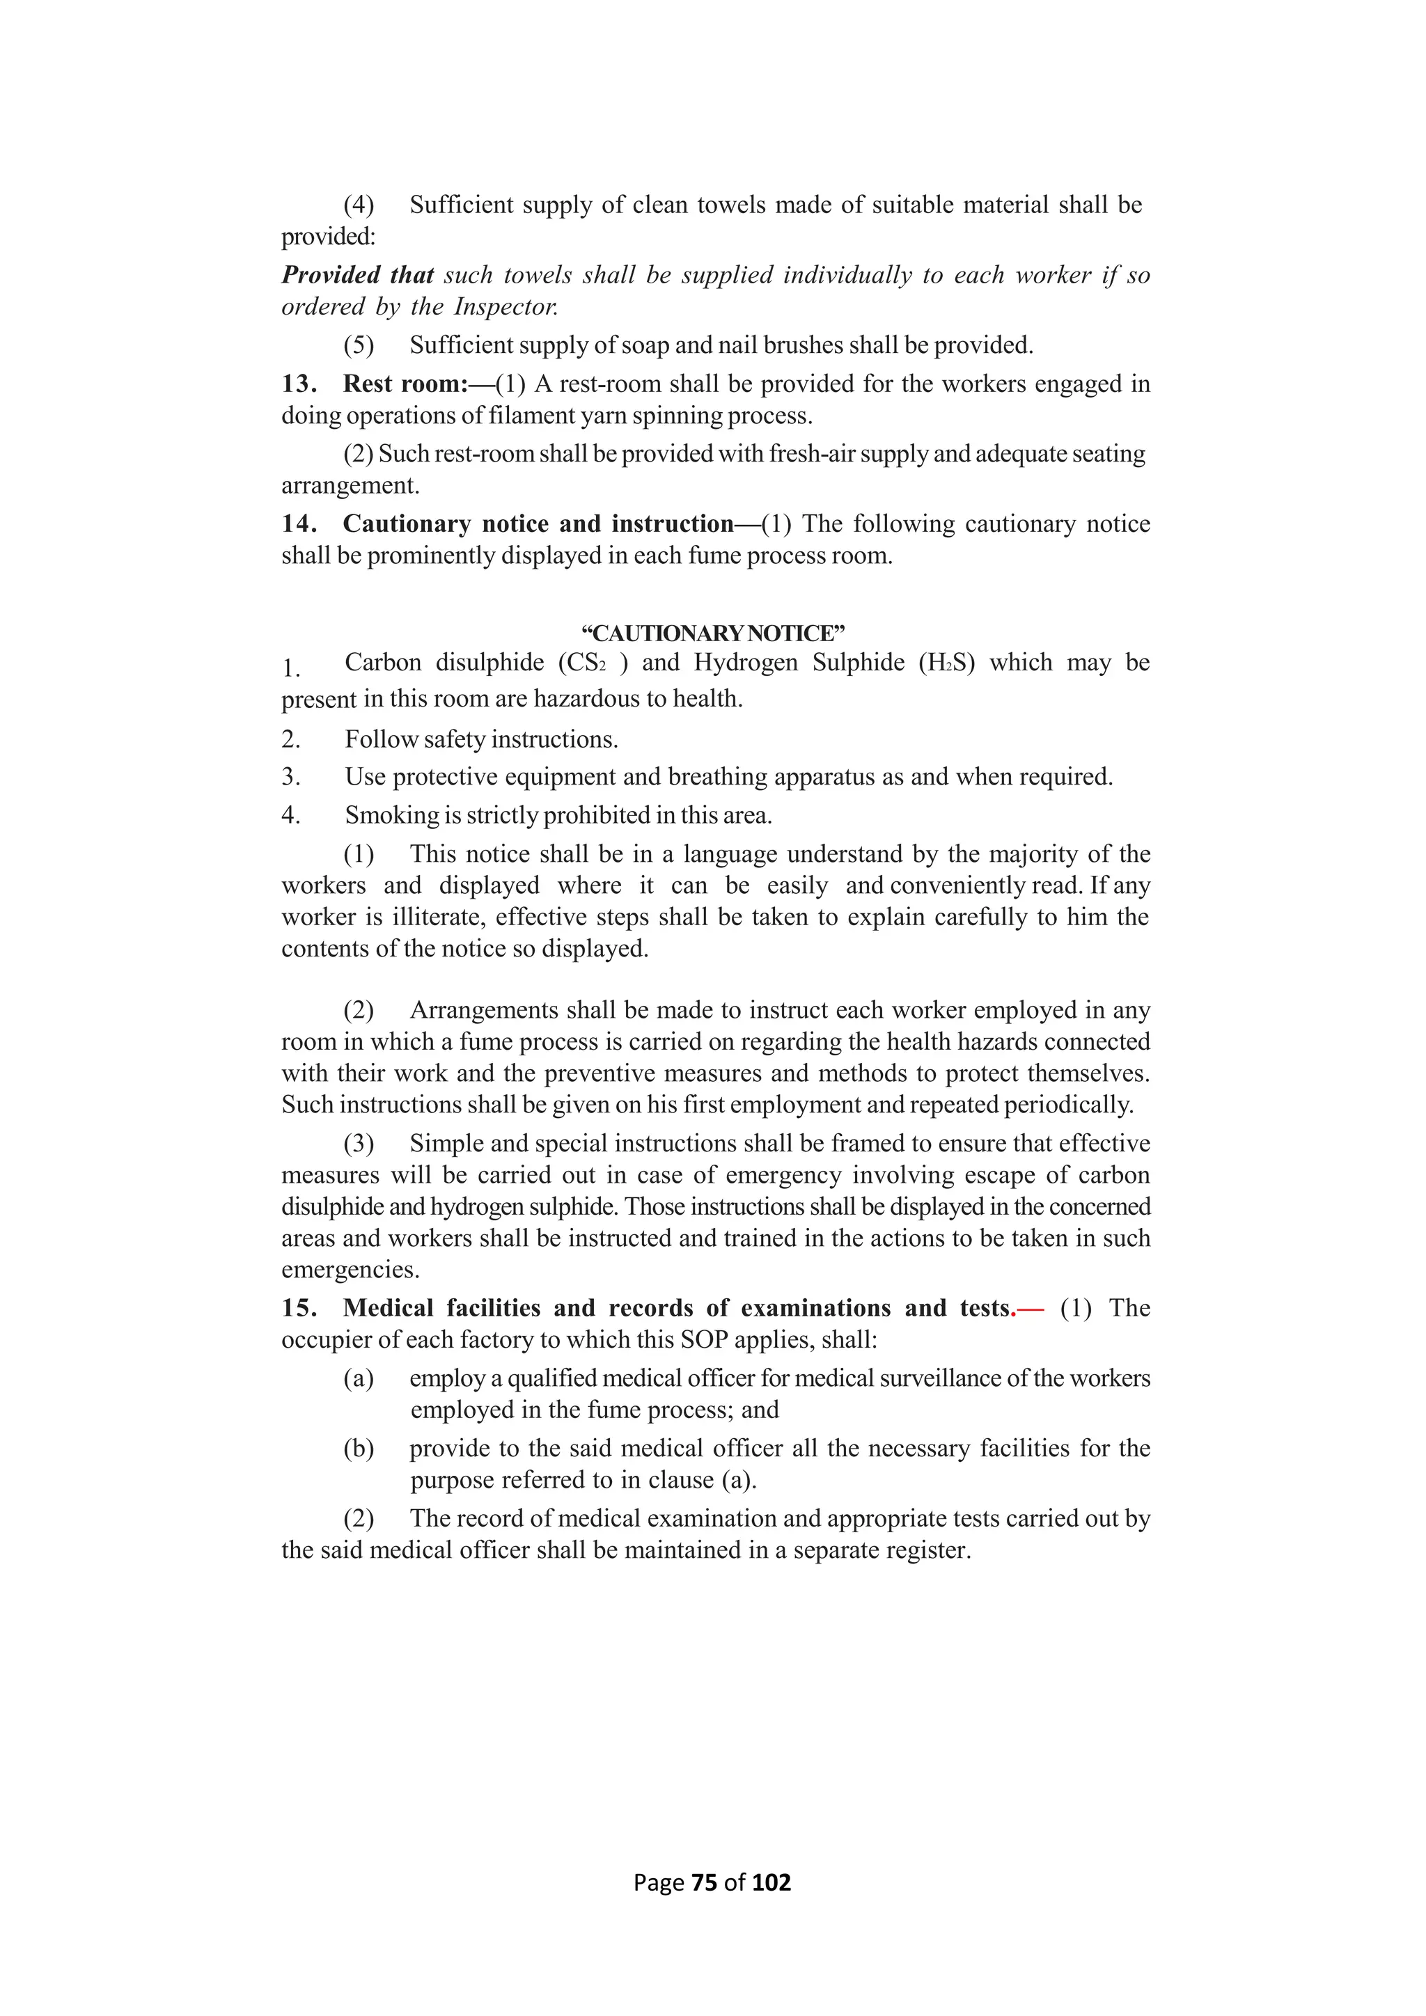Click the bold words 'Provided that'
click(x=357, y=276)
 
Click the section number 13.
click(x=298, y=384)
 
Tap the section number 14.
click(x=298, y=524)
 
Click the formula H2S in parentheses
click(x=946, y=663)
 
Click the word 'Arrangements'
click(x=485, y=1011)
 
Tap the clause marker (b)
click(x=359, y=1449)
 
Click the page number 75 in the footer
click(x=704, y=1882)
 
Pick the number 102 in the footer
click(x=771, y=1882)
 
